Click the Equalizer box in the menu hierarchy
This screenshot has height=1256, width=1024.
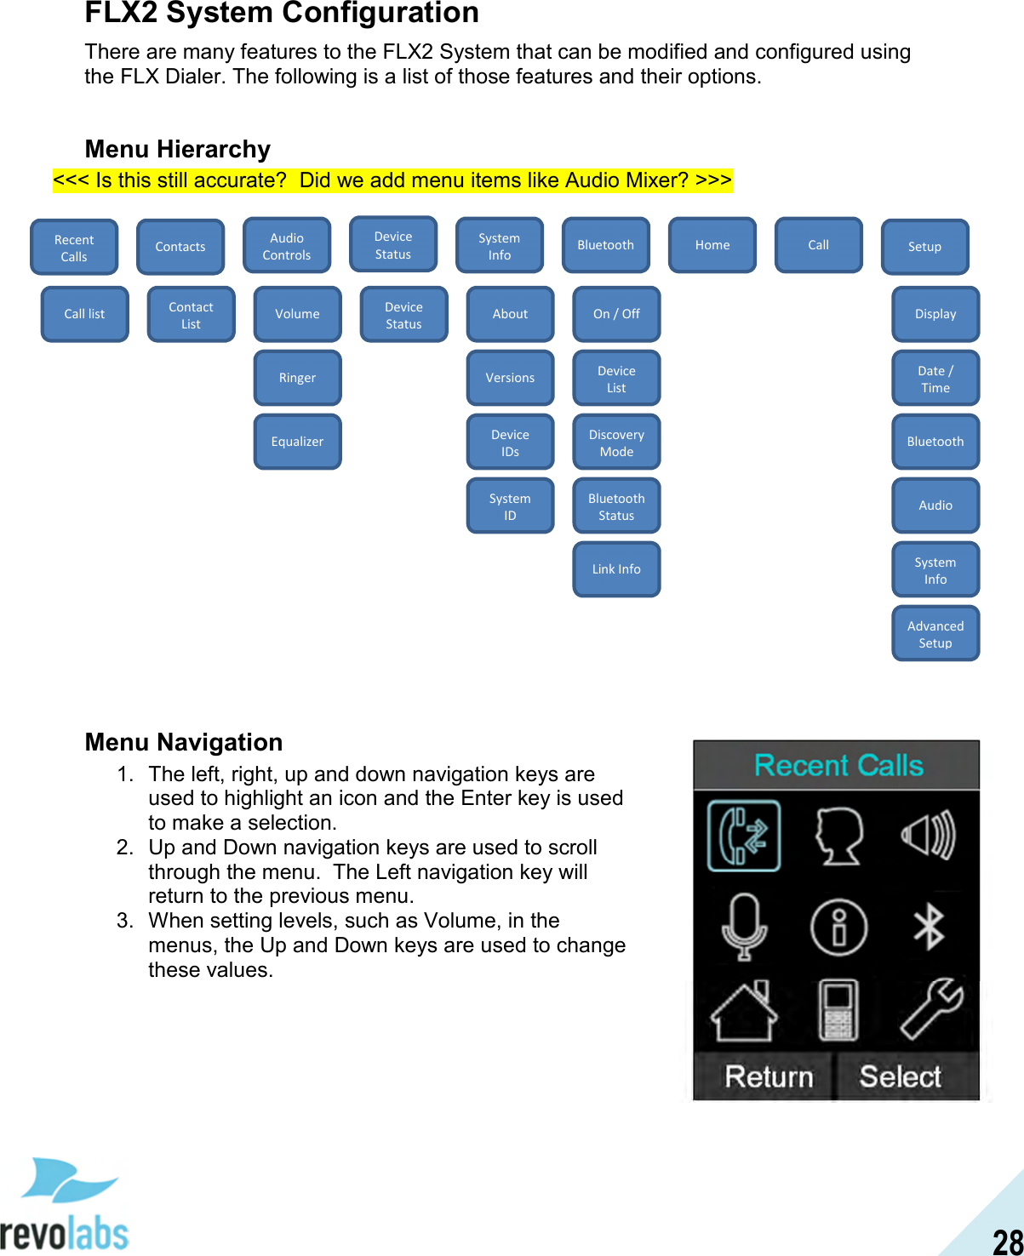[297, 442]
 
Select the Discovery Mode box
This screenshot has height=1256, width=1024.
[616, 442]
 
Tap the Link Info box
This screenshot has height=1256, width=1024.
[616, 569]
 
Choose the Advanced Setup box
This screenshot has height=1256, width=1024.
[935, 634]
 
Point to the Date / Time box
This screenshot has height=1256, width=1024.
[935, 379]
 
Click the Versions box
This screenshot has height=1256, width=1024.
[510, 378]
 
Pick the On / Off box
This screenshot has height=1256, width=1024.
[616, 314]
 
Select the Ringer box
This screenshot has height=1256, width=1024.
[297, 378]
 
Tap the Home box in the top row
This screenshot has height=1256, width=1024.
[712, 245]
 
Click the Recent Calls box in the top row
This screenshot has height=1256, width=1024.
[74, 248]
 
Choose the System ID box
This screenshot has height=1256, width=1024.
[510, 506]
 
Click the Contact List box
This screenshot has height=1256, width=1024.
[191, 315]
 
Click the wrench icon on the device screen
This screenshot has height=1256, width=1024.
[931, 1009]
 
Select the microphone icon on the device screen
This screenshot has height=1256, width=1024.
[744, 927]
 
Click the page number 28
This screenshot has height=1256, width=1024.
[1007, 1242]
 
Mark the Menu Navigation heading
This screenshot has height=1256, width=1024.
[184, 742]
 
